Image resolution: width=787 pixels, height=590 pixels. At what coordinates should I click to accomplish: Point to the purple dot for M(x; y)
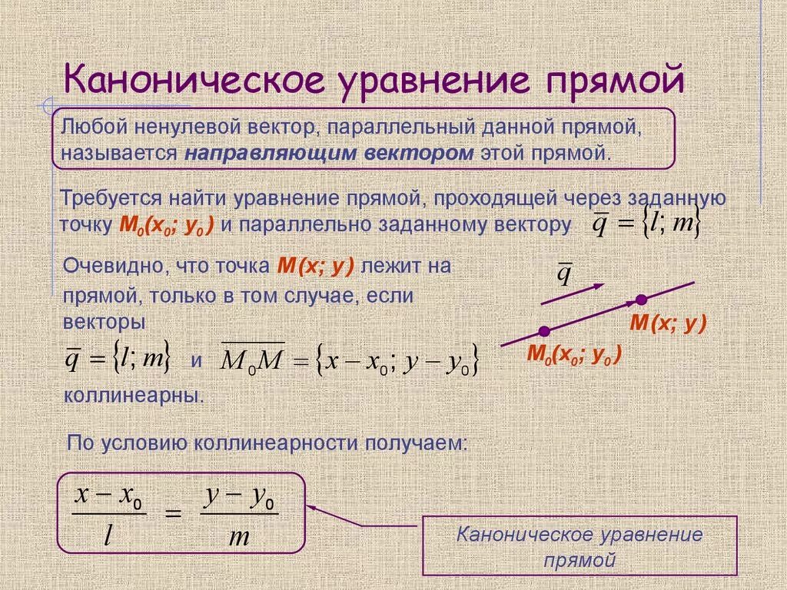point(641,299)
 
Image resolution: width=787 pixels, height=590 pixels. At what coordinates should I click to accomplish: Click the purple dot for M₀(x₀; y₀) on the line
point(543,331)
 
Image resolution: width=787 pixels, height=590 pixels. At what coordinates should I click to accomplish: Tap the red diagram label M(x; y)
point(667,323)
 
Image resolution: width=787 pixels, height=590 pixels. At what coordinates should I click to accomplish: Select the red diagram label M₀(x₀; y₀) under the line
point(573,355)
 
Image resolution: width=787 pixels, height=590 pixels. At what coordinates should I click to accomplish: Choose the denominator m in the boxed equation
point(240,536)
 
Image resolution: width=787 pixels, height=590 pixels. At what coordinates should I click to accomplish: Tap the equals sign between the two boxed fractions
point(174,513)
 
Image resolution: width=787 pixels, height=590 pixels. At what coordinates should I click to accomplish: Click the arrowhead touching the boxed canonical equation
point(311,506)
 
